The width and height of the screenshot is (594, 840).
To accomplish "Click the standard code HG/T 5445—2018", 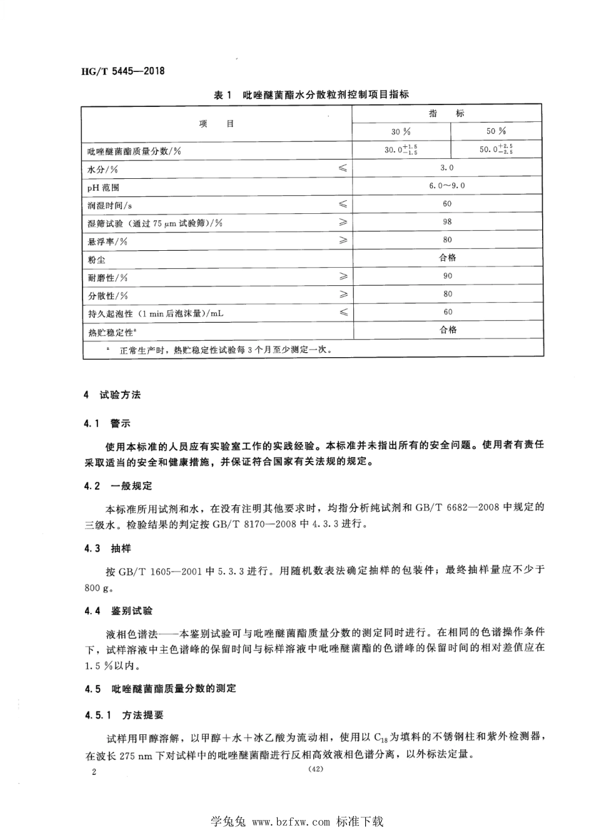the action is pos(123,71).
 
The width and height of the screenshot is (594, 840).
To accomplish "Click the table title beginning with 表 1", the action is pos(311,95).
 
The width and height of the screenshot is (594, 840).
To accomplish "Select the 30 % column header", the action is pos(401,131).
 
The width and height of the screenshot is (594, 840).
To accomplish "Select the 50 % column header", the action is pos(496,131).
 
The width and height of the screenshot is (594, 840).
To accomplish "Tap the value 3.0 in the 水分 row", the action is pos(447,168).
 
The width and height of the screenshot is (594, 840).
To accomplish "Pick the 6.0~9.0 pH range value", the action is pos(447,186).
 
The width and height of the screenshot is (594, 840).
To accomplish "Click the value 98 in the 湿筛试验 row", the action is pos(447,222).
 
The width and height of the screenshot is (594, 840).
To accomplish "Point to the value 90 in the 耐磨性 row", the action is pos(447,276).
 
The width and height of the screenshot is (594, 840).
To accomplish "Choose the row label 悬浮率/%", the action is pos(107,241).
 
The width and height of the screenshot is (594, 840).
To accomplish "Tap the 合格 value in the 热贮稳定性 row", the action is pos(448,330).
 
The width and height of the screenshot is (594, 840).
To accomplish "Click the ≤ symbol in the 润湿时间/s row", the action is pos(343,205).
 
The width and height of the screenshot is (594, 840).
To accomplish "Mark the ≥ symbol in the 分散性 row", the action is pos(343,295).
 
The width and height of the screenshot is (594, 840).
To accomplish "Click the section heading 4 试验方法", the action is pos(113,395).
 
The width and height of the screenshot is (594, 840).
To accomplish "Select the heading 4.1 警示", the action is pos(108,423).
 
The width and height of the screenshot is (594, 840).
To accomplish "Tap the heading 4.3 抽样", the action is pos(108,549).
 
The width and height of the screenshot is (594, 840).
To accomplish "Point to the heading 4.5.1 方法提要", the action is pos(124,714).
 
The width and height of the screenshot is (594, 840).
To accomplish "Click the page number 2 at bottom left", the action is pos(94,772).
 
